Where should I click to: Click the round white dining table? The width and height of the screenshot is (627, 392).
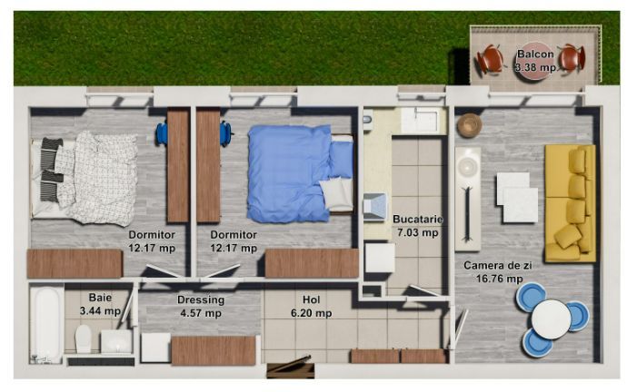[x=552, y=318]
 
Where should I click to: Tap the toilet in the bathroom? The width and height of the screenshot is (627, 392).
[x=83, y=340]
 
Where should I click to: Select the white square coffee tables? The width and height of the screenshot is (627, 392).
[x=517, y=197]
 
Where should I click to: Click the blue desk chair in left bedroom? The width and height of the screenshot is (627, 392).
[x=162, y=133]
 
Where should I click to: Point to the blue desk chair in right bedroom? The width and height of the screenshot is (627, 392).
[x=225, y=133]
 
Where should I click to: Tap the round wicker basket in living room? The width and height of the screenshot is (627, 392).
[x=469, y=125]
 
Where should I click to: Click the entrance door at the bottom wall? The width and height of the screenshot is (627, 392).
[x=290, y=368]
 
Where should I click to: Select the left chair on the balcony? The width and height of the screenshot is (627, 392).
[x=491, y=60]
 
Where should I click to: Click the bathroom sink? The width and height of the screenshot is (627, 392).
[x=114, y=341]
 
